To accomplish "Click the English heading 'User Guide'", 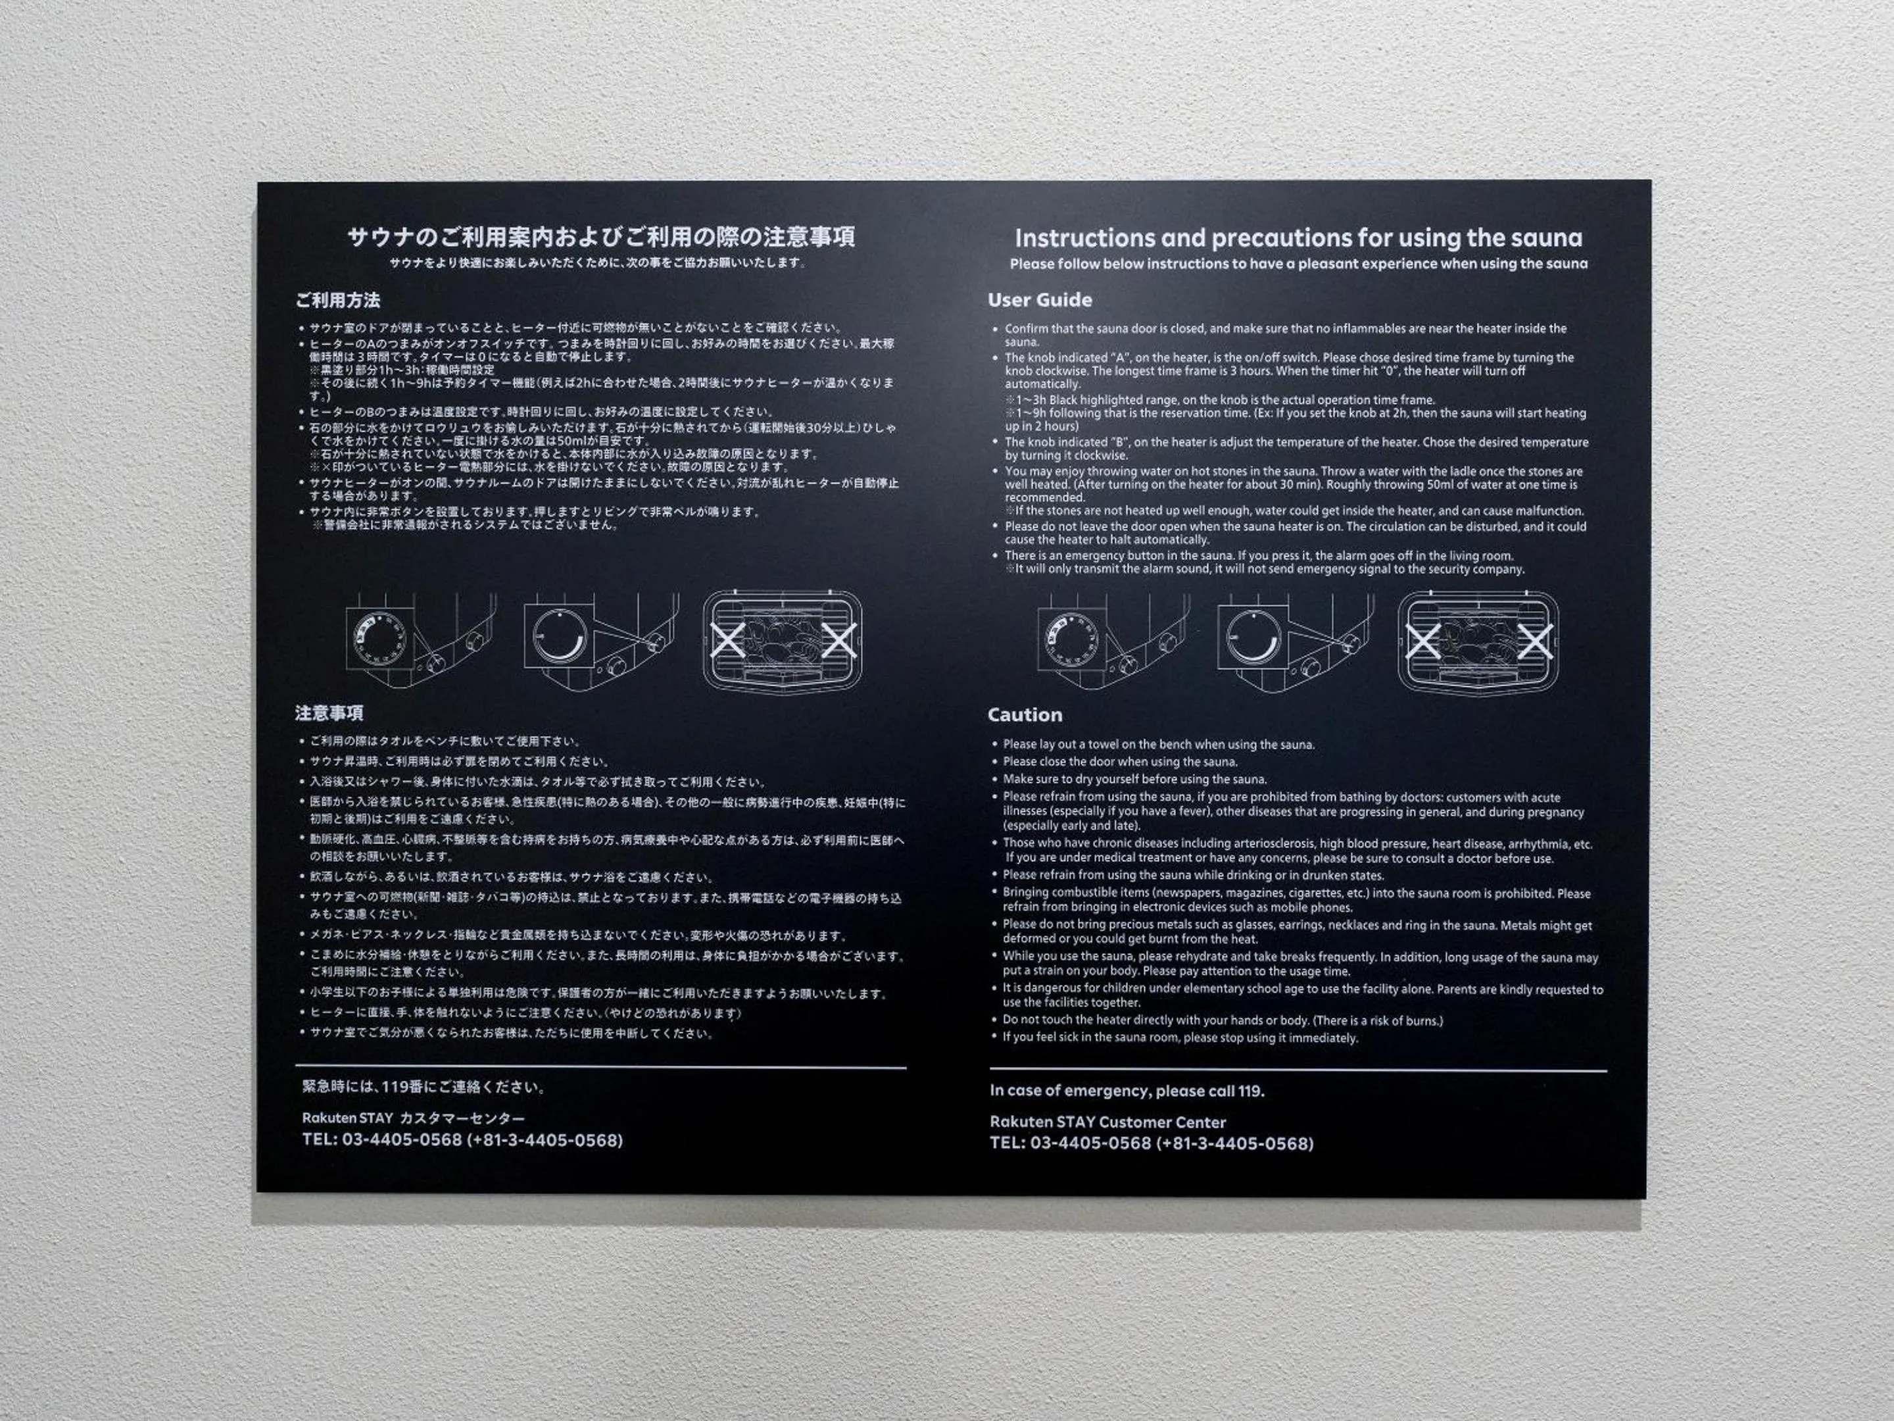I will [x=1040, y=300].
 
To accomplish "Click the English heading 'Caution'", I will [x=1024, y=714].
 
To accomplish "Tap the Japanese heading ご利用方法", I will [x=337, y=300].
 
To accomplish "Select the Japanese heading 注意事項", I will [x=329, y=712].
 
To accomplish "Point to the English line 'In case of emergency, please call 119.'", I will [x=1127, y=1090].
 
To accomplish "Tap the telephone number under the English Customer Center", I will [x=1151, y=1143].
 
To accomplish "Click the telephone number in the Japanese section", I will [x=462, y=1140].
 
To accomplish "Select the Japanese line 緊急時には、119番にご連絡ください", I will [x=424, y=1087].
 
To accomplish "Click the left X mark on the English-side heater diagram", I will [x=1423, y=641].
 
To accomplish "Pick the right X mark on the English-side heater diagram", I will [x=1534, y=641].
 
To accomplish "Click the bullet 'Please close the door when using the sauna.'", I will [x=1120, y=761].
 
